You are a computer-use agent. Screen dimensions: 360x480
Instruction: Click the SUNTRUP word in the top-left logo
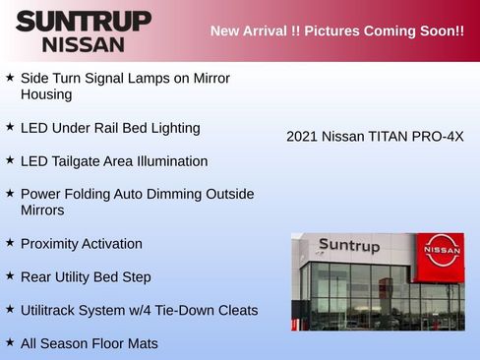click(x=84, y=21)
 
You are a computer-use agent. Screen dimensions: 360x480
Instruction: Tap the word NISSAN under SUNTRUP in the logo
click(x=84, y=44)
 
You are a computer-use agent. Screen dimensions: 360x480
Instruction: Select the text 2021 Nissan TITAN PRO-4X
click(x=375, y=136)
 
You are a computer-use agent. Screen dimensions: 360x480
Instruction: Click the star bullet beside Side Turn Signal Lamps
click(x=10, y=77)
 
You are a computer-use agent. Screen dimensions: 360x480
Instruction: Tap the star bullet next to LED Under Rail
click(x=10, y=127)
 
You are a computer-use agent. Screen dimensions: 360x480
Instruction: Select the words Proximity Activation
click(x=81, y=243)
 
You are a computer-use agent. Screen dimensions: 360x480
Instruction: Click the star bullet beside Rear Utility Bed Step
click(x=10, y=276)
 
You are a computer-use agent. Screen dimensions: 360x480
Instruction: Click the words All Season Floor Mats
click(x=89, y=343)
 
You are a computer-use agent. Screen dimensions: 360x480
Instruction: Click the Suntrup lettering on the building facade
click(x=348, y=246)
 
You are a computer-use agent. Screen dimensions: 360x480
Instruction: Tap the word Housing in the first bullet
click(x=46, y=94)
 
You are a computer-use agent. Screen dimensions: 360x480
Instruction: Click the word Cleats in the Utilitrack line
click(x=236, y=310)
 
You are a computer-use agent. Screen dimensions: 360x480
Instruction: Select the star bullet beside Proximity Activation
click(x=10, y=243)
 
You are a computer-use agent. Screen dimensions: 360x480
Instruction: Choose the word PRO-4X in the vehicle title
click(x=442, y=136)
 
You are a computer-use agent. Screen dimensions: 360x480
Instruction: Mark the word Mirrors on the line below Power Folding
click(x=42, y=210)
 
